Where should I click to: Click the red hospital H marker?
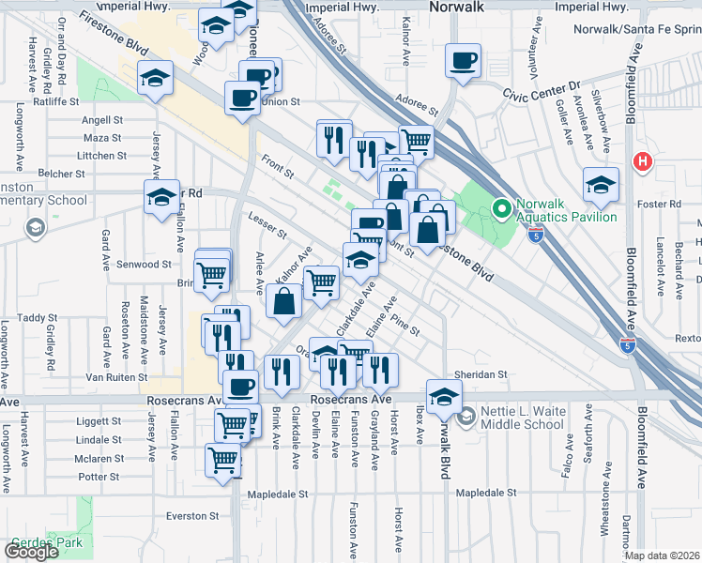tap(643, 160)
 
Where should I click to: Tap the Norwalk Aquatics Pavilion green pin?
tap(501, 206)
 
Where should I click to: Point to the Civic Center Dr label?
tap(543, 95)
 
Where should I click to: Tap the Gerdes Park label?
tap(47, 542)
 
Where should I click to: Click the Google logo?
tap(31, 552)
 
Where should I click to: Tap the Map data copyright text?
tap(663, 555)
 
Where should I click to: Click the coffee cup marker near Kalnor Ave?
tap(461, 62)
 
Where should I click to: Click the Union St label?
tap(280, 101)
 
